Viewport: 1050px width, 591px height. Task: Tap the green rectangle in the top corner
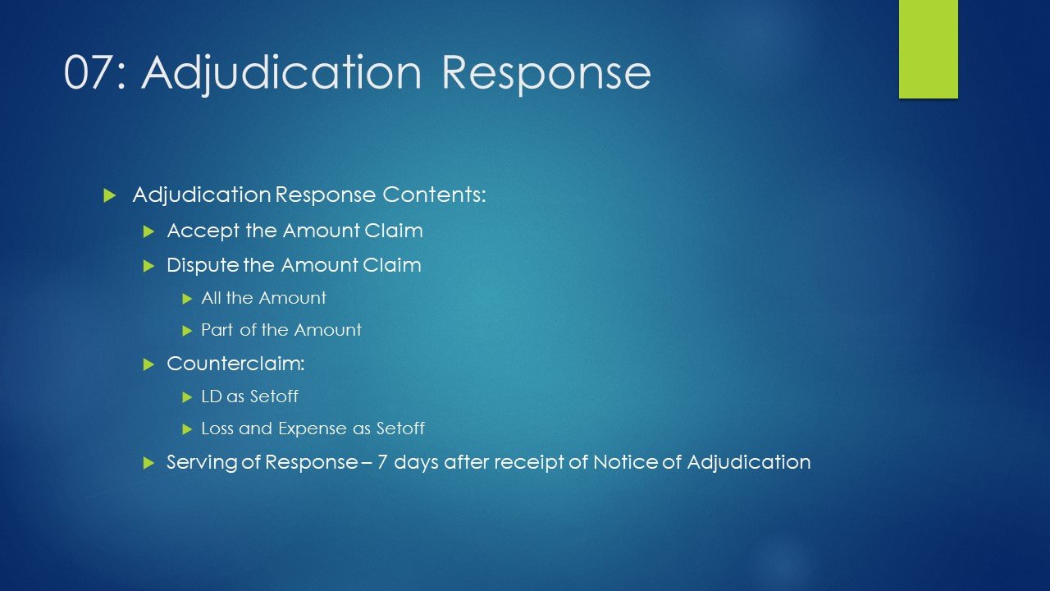click(928, 48)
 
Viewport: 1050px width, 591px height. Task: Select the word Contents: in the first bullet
click(434, 195)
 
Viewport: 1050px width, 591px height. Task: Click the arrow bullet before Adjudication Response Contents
click(110, 195)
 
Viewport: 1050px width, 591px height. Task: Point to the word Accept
click(203, 231)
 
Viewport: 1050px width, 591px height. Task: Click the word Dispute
click(203, 266)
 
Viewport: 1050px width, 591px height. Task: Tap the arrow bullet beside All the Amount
click(188, 298)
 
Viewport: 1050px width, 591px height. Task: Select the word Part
click(217, 330)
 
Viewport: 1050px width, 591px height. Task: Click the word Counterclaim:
click(235, 364)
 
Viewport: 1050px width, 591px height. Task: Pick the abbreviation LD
click(211, 396)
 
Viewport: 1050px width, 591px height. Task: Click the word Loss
click(217, 428)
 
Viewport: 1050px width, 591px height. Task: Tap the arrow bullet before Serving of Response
click(149, 463)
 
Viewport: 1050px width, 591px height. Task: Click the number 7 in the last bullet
click(382, 462)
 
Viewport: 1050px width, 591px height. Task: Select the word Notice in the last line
click(625, 462)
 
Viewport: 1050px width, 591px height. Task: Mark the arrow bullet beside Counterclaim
click(149, 364)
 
